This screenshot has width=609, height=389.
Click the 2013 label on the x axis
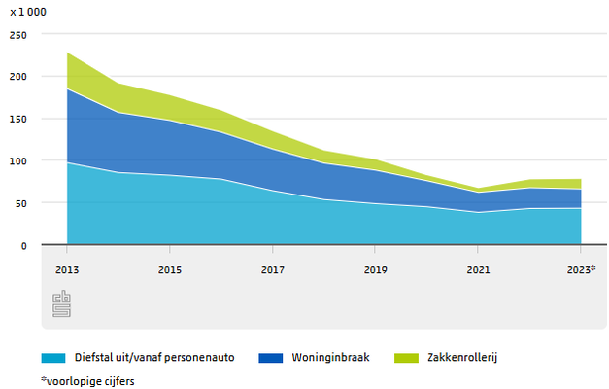(67, 269)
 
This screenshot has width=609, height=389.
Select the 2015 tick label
(169, 269)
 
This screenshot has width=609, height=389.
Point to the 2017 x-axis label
(272, 269)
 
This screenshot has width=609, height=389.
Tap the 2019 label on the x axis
(375, 269)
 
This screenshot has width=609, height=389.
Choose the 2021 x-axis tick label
(477, 269)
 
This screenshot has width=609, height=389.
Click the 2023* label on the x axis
(581, 269)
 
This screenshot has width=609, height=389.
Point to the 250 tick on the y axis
(19, 33)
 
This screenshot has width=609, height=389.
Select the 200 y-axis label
(19, 76)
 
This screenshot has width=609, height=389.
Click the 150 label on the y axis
(19, 118)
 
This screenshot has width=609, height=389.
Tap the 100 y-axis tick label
(19, 160)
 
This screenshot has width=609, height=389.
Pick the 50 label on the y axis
(22, 203)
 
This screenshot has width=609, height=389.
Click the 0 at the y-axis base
(25, 245)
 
